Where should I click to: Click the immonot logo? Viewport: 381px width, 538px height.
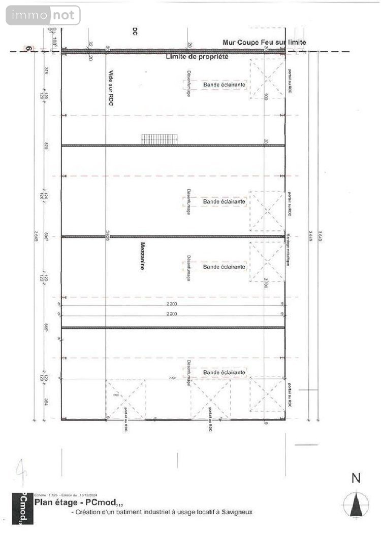[43, 15]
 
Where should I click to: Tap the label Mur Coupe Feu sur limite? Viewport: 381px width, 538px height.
[264, 43]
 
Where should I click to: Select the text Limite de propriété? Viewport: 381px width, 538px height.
[197, 57]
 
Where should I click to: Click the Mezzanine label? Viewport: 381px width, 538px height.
[143, 256]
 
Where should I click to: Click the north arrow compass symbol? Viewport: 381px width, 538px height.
[356, 505]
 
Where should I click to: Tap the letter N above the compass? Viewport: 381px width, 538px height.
[356, 478]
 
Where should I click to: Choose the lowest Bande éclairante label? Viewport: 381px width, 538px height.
[224, 373]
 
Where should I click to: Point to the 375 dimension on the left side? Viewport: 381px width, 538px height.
[46, 70]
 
